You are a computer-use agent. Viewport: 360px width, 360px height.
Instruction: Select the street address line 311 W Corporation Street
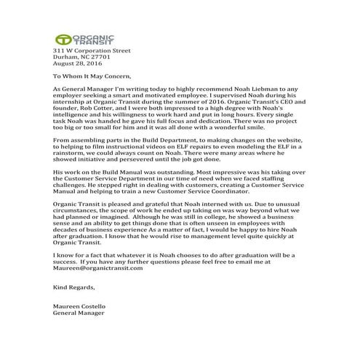[x=92, y=52]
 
